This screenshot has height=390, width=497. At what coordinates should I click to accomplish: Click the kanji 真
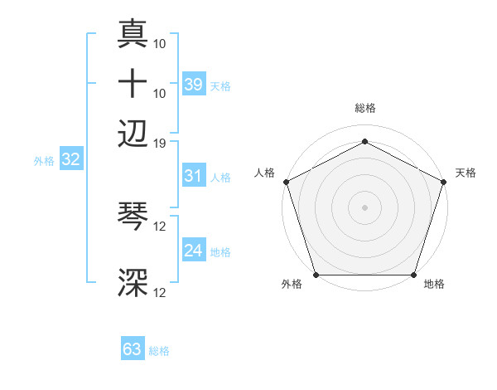point(133,36)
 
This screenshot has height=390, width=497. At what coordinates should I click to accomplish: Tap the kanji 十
point(133,84)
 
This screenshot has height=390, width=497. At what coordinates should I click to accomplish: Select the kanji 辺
point(133,132)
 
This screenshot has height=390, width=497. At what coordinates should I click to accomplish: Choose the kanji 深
point(133,283)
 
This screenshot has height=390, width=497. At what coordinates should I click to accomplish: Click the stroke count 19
point(160,143)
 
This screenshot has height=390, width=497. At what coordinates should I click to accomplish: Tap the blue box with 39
point(193,84)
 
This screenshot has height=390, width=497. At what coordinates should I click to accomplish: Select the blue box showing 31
point(193,176)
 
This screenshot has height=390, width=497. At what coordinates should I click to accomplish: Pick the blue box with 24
point(193,251)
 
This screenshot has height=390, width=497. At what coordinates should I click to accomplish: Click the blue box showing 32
point(70,160)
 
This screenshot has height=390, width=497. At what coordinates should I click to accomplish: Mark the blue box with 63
point(132,349)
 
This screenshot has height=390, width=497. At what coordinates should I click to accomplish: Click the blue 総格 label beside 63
point(159,351)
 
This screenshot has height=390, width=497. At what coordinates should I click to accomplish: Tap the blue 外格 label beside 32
point(44,161)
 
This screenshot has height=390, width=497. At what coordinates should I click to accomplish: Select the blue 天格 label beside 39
point(220,85)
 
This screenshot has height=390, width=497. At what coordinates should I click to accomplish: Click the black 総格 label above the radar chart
point(364,108)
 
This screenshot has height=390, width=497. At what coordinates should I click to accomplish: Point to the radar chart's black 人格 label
point(265,173)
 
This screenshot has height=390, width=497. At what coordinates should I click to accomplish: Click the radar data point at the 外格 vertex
point(316,275)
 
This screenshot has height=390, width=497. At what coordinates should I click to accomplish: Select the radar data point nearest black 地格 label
point(413,275)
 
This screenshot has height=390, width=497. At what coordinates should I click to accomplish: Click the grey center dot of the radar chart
point(364,207)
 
